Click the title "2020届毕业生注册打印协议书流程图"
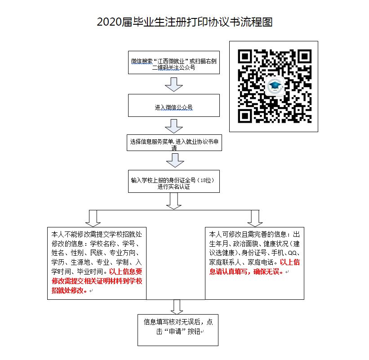(x=184, y=22)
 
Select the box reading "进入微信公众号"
(x=173, y=107)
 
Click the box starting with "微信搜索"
(x=173, y=63)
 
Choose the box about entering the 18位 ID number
(x=173, y=183)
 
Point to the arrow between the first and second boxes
(x=173, y=84)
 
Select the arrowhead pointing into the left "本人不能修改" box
(x=93, y=220)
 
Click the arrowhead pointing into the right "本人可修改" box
(x=255, y=220)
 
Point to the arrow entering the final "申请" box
(x=176, y=307)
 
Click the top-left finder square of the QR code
(x=245, y=57)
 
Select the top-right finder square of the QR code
(x=304, y=57)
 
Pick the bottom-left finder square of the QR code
(x=245, y=116)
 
